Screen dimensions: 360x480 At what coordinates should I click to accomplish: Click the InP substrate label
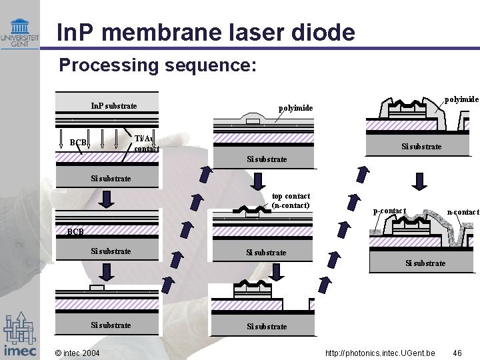pyautogui.click(x=114, y=106)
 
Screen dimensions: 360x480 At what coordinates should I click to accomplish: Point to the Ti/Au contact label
pyautogui.click(x=147, y=143)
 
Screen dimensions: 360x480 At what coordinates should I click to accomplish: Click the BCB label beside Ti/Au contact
pyautogui.click(x=78, y=143)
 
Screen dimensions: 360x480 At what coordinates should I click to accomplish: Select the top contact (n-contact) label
pyautogui.click(x=291, y=201)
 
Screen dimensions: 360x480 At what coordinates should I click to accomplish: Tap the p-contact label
pyautogui.click(x=389, y=211)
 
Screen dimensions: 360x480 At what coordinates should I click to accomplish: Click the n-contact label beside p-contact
pyautogui.click(x=463, y=212)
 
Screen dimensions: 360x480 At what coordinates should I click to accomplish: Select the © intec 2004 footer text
pyautogui.click(x=77, y=352)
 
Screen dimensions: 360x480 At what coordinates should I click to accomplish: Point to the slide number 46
pyautogui.click(x=457, y=352)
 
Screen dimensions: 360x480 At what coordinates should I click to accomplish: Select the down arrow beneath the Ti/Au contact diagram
pyautogui.click(x=107, y=198)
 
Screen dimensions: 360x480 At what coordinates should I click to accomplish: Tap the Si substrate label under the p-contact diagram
pyautogui.click(x=425, y=263)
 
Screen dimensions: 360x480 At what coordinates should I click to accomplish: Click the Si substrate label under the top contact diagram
pyautogui.click(x=266, y=253)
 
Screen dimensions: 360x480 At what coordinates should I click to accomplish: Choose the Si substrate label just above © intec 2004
pyautogui.click(x=111, y=325)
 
